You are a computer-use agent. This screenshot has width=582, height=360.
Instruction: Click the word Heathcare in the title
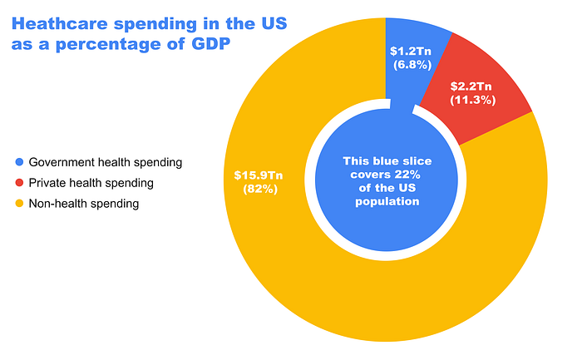(60, 24)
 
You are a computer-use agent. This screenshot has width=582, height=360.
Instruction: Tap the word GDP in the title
(211, 44)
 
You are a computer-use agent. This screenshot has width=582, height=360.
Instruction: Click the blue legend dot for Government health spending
(19, 162)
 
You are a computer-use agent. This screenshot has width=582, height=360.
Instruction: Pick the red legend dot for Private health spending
(19, 183)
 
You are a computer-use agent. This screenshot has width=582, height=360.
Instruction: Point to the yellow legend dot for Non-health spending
(19, 204)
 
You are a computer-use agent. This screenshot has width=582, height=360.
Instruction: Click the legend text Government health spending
(106, 163)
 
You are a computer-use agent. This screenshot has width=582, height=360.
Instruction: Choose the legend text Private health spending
(91, 183)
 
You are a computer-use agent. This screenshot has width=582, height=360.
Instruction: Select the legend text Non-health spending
(84, 204)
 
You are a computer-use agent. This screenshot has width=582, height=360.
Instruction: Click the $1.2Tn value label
(411, 52)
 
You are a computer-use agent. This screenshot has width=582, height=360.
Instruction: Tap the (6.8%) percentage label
(412, 65)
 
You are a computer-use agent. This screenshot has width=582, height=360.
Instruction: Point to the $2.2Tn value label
(471, 86)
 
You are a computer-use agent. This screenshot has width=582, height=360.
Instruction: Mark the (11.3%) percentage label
(473, 101)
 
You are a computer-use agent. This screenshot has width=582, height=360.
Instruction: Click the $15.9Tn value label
(259, 175)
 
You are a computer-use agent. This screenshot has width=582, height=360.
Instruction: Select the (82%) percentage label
(260, 190)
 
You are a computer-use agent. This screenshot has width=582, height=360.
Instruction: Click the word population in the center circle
(387, 201)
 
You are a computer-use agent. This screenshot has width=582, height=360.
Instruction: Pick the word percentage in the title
(120, 45)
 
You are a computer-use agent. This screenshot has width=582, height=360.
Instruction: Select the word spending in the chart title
(155, 24)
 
